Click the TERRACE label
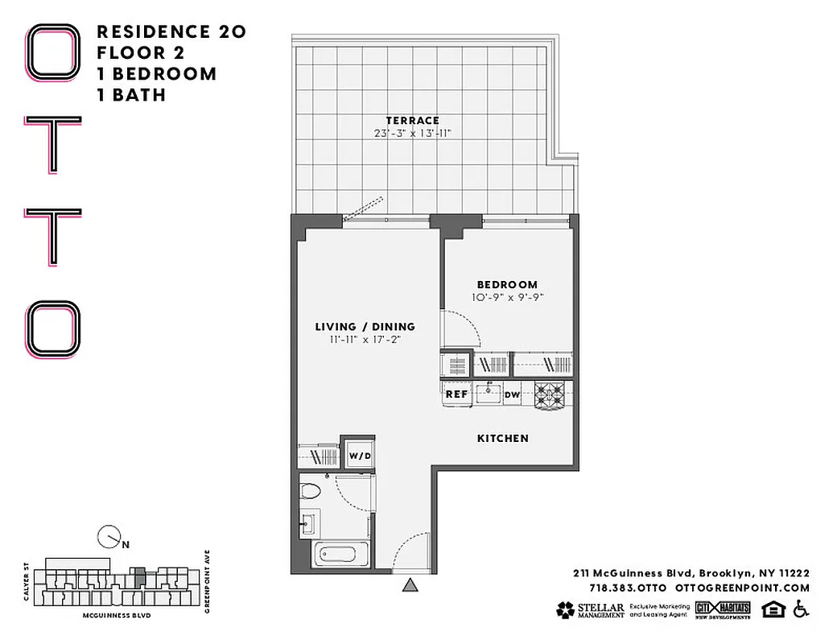coord(411,120)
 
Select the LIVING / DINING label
coord(365,327)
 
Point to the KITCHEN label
coord(503,438)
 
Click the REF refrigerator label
coord(457,394)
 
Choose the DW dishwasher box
coord(512,394)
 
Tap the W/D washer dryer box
coord(360,456)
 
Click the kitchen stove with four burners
coord(552,394)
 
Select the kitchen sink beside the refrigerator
coord(488,394)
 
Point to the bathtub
coord(342,554)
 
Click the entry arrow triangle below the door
coord(410,587)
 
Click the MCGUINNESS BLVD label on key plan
coord(117,614)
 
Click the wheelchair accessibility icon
coord(800,609)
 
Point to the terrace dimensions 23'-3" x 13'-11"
coord(411,133)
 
